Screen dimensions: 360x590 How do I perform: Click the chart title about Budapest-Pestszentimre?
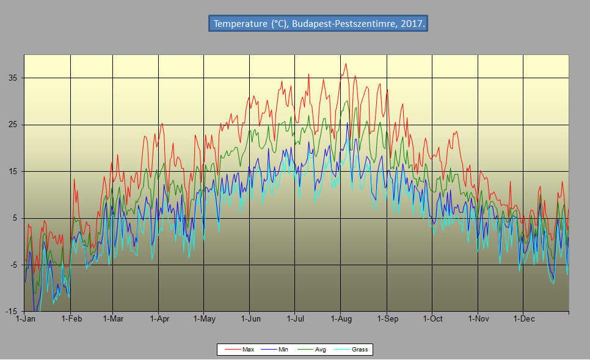coord(318,24)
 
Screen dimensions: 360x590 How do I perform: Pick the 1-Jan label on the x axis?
coord(25,318)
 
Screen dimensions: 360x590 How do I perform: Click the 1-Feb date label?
coord(71,318)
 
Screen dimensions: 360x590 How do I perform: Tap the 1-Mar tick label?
coord(113,318)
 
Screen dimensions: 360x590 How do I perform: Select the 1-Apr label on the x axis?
coord(159,318)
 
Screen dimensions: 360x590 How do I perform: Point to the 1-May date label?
coord(204,318)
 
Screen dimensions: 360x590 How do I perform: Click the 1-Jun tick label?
coord(250,318)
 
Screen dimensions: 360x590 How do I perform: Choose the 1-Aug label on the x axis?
coord(341,318)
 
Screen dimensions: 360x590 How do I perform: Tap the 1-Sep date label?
coord(387,318)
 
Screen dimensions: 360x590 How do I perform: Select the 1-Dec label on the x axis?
coord(523,318)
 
